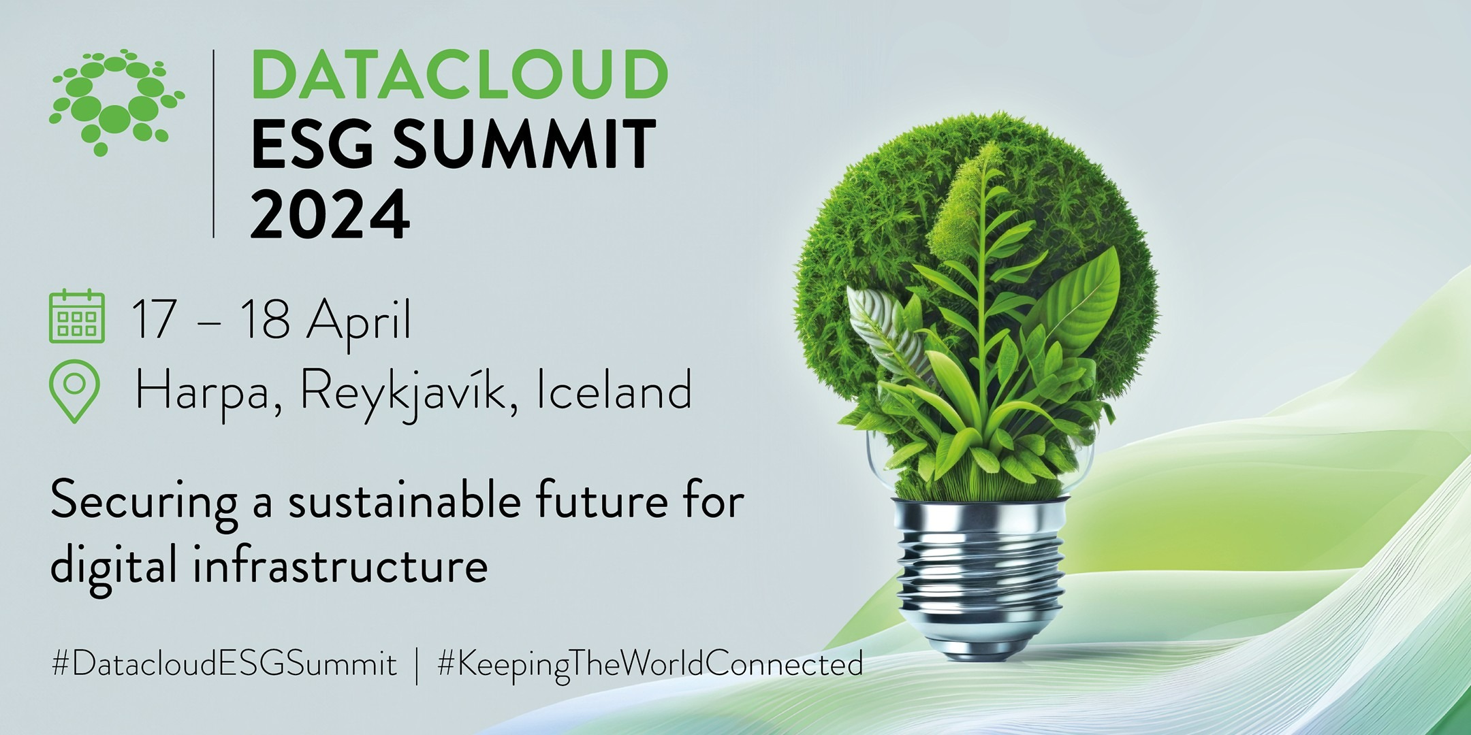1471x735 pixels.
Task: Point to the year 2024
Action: (x=330, y=214)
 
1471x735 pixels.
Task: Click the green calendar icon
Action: (x=77, y=316)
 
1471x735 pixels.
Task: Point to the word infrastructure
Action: (x=341, y=566)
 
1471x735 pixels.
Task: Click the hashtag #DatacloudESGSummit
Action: (x=224, y=664)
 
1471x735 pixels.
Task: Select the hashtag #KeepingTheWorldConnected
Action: (x=650, y=664)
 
